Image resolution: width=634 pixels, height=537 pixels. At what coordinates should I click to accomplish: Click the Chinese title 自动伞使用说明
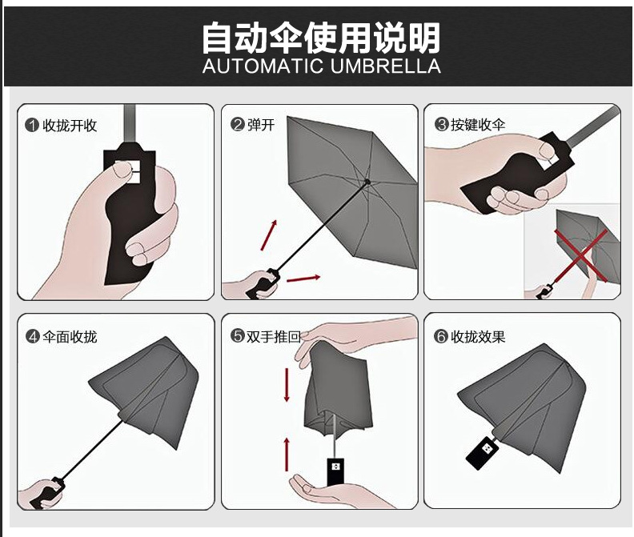[320, 36]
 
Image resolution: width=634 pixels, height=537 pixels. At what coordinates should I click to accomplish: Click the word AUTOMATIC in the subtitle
[261, 66]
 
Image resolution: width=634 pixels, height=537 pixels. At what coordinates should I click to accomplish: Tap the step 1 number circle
[32, 125]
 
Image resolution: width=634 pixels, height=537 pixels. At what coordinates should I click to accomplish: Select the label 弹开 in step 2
[261, 125]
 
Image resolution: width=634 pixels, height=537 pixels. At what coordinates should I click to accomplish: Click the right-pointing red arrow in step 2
[303, 279]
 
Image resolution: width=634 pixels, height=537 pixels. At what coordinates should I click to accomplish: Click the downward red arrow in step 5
[286, 386]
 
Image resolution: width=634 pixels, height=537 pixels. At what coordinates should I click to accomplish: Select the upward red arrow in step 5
[286, 454]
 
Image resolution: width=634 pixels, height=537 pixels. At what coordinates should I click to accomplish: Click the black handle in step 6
[483, 454]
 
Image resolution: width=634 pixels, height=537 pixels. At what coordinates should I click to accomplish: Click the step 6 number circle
[441, 336]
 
